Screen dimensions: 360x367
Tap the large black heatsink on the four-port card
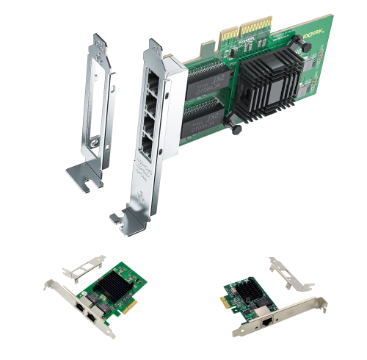pos(271,87)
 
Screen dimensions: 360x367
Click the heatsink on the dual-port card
pos(115,287)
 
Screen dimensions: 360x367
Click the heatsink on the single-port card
pos(258,293)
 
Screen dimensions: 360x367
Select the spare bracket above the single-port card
pos(293,276)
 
